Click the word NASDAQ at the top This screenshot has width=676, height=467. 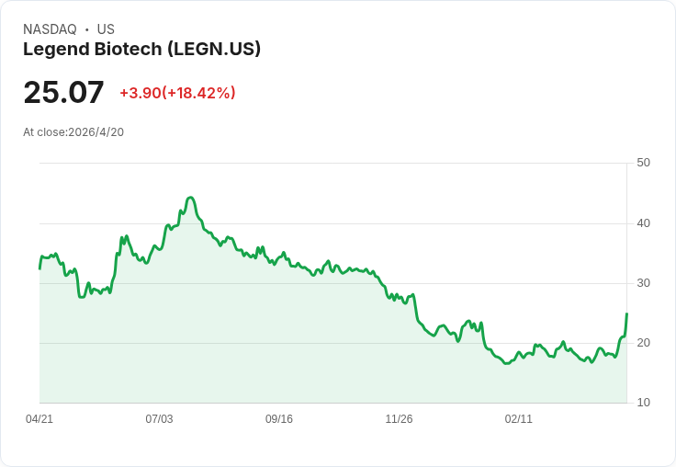[50, 29]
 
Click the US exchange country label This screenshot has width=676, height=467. [106, 29]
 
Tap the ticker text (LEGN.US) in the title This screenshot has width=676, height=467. [214, 50]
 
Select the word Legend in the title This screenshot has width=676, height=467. [56, 50]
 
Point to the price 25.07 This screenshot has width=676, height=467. [63, 92]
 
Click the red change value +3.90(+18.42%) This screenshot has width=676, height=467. [177, 93]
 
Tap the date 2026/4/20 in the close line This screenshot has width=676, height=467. [96, 132]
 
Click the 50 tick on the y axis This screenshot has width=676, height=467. [643, 163]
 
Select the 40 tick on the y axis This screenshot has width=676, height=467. [643, 223]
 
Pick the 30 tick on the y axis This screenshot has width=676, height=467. [643, 283]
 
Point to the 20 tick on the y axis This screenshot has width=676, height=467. [643, 343]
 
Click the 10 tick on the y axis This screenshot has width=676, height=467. [643, 403]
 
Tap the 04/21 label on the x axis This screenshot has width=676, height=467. [39, 419]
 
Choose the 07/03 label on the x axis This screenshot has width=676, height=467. [159, 419]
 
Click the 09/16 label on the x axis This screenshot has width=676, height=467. [279, 419]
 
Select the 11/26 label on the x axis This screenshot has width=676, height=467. [399, 419]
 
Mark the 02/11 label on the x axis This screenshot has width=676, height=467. [519, 419]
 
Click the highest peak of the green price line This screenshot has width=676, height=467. [190, 198]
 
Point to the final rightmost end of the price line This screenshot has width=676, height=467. [626, 313]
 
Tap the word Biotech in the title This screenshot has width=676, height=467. [129, 50]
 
